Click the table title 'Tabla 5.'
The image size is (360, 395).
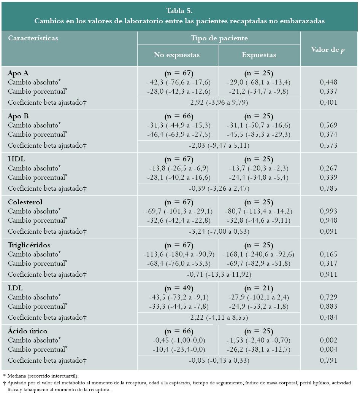point(179,11)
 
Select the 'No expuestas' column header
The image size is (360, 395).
point(177,55)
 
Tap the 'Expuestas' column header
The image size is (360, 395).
point(259,55)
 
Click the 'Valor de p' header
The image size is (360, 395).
point(328,49)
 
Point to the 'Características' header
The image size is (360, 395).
point(33,38)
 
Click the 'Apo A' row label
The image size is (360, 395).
point(18,73)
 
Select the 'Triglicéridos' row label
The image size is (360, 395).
point(29,245)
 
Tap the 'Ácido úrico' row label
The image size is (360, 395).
point(27,331)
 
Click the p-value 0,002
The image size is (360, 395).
point(328,340)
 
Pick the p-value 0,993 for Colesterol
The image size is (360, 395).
point(328,211)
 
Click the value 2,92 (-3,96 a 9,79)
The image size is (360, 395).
point(219,102)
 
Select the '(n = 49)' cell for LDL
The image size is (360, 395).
point(179,288)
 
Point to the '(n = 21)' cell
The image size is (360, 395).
point(259,288)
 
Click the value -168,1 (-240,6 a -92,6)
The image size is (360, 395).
point(259,254)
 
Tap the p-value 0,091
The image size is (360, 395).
point(328,231)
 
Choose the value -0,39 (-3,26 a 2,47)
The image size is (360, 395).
point(219,188)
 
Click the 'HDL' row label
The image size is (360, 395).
point(16,159)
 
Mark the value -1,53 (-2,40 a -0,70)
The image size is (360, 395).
point(259,340)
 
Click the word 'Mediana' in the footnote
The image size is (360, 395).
point(17,376)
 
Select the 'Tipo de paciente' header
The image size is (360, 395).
point(219,38)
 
